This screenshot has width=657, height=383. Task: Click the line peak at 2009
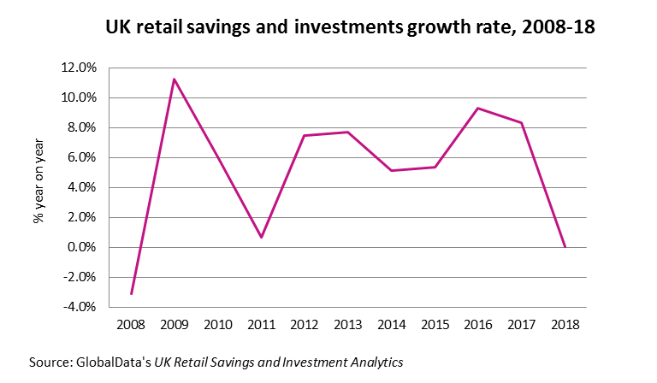pos(175,80)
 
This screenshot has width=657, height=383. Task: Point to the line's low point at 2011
pos(261,237)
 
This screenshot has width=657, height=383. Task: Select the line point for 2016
pos(477,108)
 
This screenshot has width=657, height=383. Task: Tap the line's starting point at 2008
pos(131,293)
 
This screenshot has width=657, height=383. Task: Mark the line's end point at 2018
pos(565,247)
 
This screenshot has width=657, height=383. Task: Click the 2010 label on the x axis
pos(217,325)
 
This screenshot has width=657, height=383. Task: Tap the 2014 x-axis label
pos(391,325)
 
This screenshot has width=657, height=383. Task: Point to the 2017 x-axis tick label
pos(521,325)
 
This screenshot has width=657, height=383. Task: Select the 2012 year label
pos(305,325)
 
